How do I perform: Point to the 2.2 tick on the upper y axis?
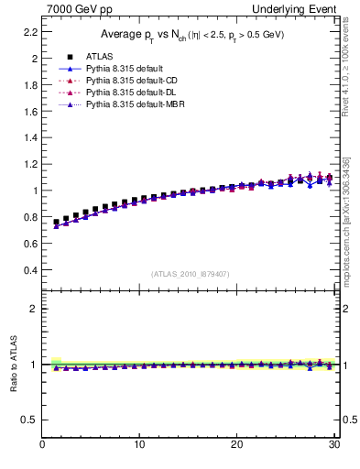(x=31, y=31)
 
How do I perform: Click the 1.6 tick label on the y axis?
(x=31, y=111)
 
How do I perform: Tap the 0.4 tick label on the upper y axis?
(x=31, y=271)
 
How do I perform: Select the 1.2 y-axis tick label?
(x=31, y=164)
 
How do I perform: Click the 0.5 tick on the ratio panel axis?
(x=31, y=420)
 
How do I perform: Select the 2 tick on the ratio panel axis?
(x=35, y=309)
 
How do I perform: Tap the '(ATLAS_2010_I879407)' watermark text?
(x=190, y=274)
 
